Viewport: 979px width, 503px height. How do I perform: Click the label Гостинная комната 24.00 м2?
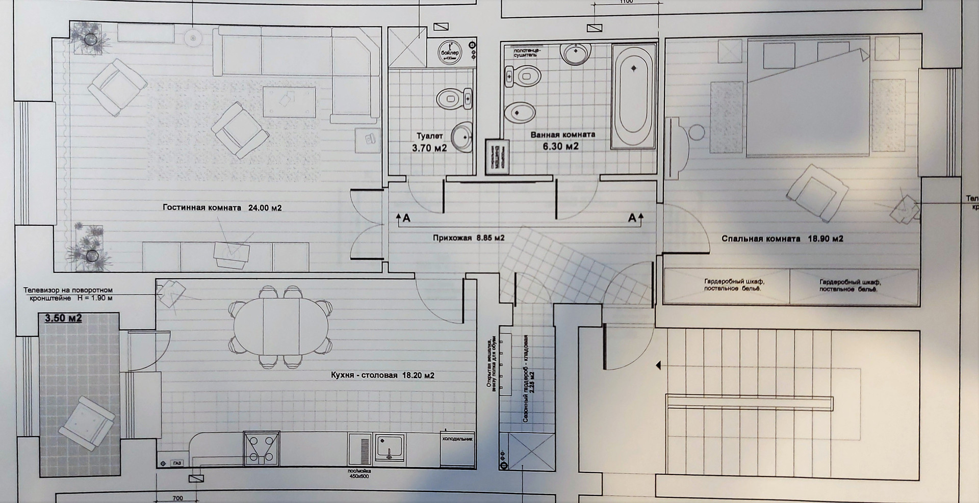[x=222, y=208]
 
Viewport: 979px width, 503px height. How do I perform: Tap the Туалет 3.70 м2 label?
[x=429, y=143]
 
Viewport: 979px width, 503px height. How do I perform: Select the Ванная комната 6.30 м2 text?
[x=562, y=141]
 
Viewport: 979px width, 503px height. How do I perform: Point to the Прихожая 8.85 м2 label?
[x=469, y=237]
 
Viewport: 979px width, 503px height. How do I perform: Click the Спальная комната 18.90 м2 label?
[x=782, y=239]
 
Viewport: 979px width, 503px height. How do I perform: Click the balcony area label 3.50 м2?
[x=64, y=319]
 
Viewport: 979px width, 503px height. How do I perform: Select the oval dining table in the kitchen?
[x=281, y=326]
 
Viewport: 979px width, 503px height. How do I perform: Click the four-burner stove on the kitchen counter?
[x=261, y=448]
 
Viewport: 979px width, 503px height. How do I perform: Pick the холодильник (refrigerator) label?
[x=457, y=438]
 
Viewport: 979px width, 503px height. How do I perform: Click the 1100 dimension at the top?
[x=626, y=2]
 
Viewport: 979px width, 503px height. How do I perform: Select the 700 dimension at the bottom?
[x=177, y=498]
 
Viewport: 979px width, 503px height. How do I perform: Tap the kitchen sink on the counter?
[x=390, y=447]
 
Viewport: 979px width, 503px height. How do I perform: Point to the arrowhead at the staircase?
[x=659, y=365]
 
